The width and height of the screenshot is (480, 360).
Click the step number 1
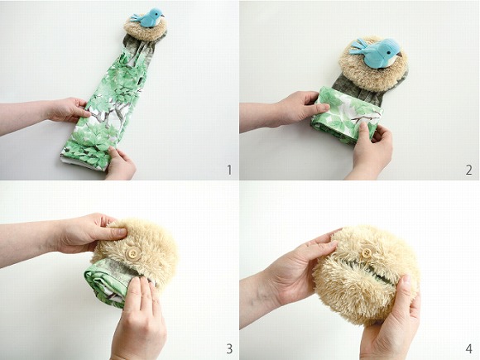coord(229,170)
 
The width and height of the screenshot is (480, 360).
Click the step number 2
coord(468,170)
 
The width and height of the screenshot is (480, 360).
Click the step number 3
coord(229,348)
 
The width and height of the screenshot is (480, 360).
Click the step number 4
coord(468,348)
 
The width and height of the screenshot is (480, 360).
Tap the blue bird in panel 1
coord(148,17)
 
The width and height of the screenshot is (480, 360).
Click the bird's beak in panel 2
coord(400,55)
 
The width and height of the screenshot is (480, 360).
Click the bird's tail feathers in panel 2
coord(359,47)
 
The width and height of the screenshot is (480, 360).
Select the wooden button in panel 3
coord(134,253)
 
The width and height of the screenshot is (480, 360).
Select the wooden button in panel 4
coord(366,253)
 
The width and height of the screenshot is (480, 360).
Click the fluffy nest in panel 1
coord(146,29)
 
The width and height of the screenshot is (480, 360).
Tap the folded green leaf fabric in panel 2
coord(346,115)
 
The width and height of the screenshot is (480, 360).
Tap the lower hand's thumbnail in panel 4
coord(406,280)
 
